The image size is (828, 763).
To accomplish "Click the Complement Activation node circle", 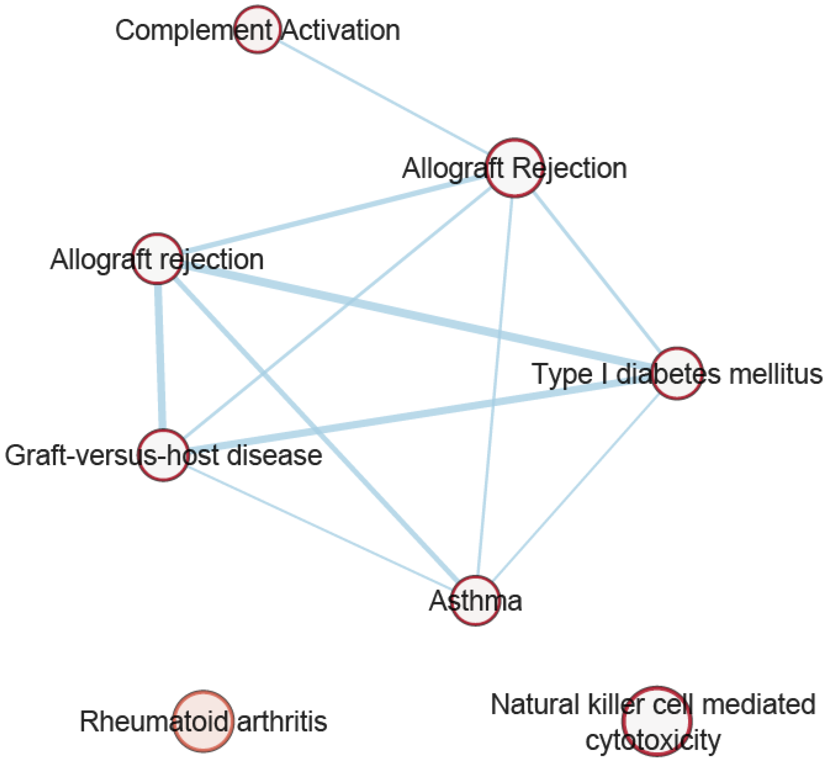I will click(257, 29).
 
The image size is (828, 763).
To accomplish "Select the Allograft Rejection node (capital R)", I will click(514, 168).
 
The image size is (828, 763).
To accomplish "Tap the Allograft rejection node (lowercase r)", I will click(157, 259).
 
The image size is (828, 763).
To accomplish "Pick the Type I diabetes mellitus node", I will click(677, 373).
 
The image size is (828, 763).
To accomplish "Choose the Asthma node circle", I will click(475, 601).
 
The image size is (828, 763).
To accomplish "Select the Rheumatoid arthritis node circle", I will click(203, 721).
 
